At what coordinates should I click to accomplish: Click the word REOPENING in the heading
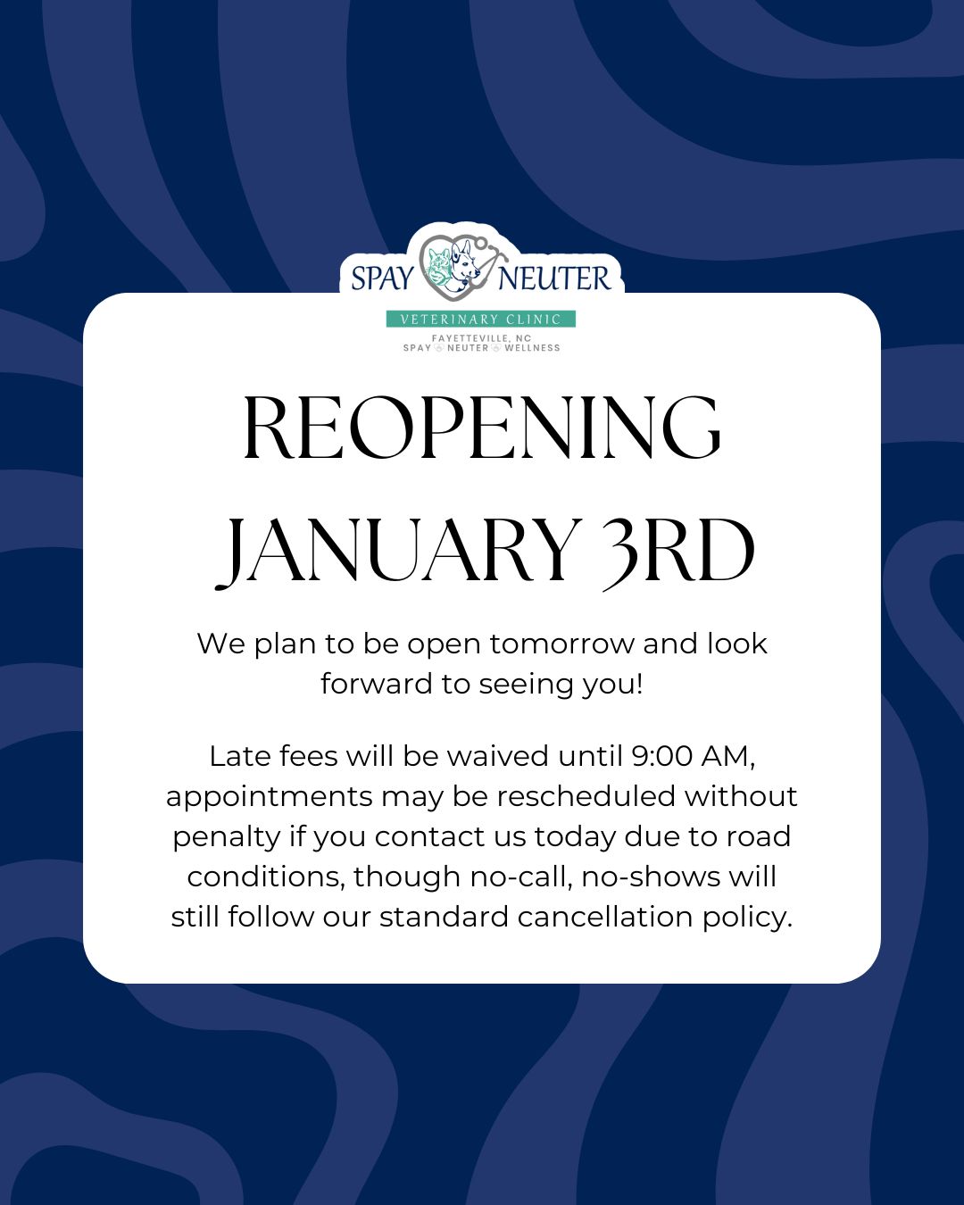(x=482, y=428)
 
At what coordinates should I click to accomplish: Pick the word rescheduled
(x=586, y=796)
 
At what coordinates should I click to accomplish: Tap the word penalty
(x=227, y=838)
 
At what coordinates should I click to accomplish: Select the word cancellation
(x=605, y=918)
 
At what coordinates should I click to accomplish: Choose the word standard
(x=444, y=918)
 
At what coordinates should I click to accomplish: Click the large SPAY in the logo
(x=383, y=278)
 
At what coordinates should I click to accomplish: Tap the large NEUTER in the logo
(x=554, y=278)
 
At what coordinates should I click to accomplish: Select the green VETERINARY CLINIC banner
(x=480, y=320)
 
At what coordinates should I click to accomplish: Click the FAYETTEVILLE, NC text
(x=481, y=338)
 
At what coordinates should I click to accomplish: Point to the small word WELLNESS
(x=532, y=348)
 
